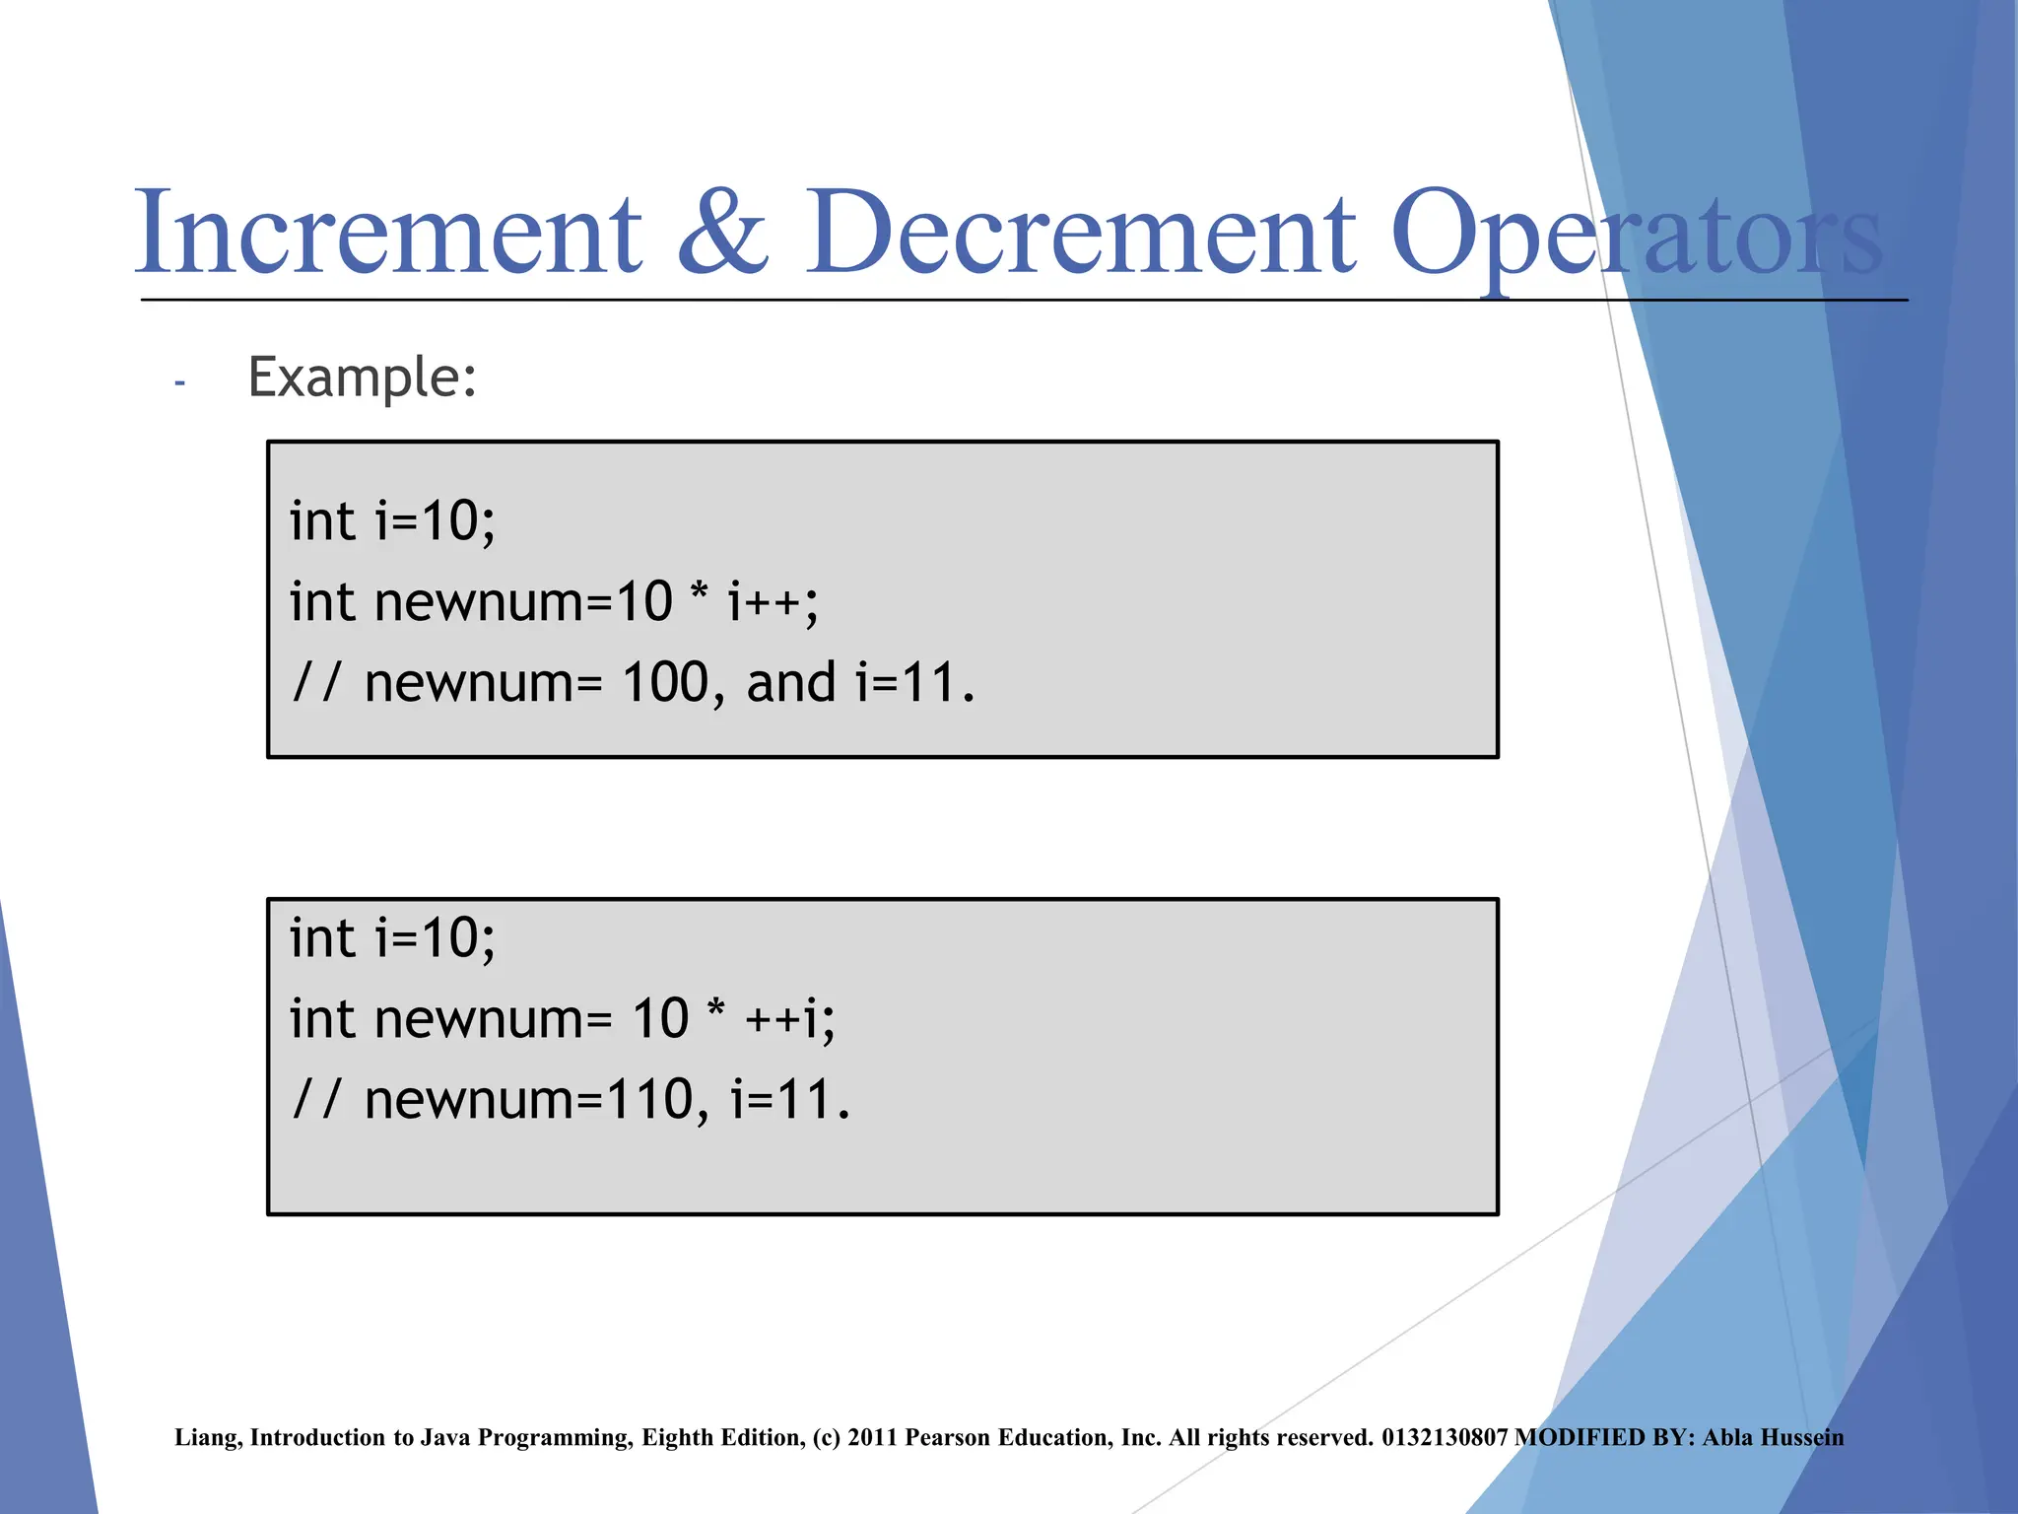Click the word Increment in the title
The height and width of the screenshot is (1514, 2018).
click(388, 233)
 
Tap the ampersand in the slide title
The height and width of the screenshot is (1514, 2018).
click(723, 233)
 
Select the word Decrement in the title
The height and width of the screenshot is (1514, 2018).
click(1081, 233)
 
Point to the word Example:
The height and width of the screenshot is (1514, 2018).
click(362, 378)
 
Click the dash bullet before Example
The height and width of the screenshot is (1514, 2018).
click(179, 382)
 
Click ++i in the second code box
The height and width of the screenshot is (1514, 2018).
click(788, 1019)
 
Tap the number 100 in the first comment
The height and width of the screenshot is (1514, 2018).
click(665, 682)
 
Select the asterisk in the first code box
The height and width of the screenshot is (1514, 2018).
click(699, 594)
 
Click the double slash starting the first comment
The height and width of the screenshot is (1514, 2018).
click(315, 682)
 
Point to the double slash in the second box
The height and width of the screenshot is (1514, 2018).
click(315, 1100)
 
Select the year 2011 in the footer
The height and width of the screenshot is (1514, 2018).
click(872, 1438)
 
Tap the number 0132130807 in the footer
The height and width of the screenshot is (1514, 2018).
click(1445, 1438)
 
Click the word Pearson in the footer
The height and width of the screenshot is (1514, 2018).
click(949, 1438)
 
